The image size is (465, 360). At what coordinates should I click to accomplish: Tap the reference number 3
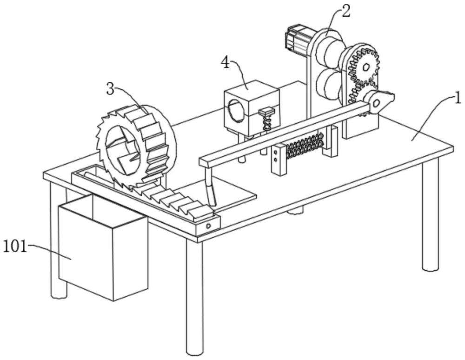point(110,89)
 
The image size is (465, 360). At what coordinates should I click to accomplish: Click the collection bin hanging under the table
point(102,251)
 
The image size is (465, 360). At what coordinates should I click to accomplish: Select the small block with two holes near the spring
point(279,160)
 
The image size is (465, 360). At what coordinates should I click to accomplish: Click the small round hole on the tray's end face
point(208,226)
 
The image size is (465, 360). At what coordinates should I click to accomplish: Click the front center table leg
point(194,298)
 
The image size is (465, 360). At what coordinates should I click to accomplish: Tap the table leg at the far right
point(430,219)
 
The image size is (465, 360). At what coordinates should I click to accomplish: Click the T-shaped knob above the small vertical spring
point(267,112)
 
